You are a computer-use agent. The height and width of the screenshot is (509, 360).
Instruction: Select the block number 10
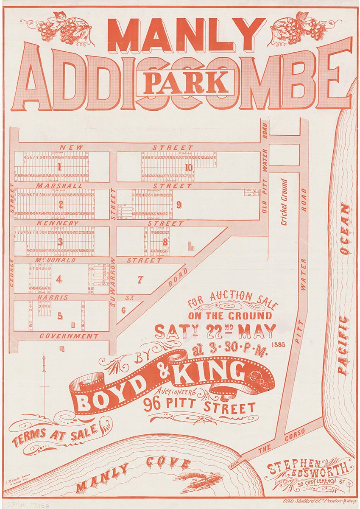point(188,168)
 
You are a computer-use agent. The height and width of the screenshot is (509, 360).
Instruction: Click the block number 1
point(59,167)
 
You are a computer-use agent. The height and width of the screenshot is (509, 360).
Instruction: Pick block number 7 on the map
point(140,280)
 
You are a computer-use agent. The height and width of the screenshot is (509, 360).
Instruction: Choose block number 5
point(60,316)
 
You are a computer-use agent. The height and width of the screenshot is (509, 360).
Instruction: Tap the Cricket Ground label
point(284,196)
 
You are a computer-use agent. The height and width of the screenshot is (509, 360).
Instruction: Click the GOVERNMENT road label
point(69,336)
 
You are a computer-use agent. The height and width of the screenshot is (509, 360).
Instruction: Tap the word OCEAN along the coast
point(345,229)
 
